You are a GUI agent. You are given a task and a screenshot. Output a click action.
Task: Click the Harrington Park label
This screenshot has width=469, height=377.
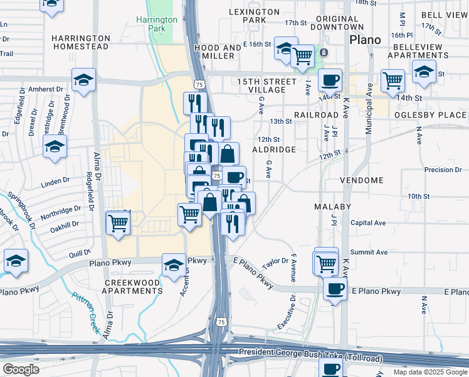coord(157,24)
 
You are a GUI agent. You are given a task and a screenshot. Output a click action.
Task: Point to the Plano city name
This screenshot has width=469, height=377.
coord(365,40)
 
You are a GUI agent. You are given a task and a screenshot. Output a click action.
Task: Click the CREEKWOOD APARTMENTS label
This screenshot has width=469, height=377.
coord(132,287)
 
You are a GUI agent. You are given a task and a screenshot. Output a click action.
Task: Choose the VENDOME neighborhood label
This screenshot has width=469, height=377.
coord(361,180)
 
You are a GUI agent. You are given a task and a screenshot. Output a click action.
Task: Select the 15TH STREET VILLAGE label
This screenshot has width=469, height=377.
coord(266,86)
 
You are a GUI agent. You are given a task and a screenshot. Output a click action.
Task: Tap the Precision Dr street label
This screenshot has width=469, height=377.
coord(443,170)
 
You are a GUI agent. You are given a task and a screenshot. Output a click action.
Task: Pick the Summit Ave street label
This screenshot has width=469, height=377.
coord(369,252)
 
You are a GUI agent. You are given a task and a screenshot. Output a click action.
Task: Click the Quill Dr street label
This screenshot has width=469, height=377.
coord(80,253)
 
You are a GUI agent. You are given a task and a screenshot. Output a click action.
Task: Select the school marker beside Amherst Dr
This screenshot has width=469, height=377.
coord(83,80)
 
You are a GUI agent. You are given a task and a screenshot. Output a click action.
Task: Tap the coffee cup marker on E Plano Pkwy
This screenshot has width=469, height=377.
coord(334,289)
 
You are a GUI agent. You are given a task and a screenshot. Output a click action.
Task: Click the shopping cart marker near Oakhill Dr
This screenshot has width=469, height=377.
coord(118,222)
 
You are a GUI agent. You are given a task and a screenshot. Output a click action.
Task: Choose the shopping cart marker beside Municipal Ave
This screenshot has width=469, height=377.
coord(393,80)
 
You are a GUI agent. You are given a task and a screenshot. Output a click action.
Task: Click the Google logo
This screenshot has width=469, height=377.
coord(20,369)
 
